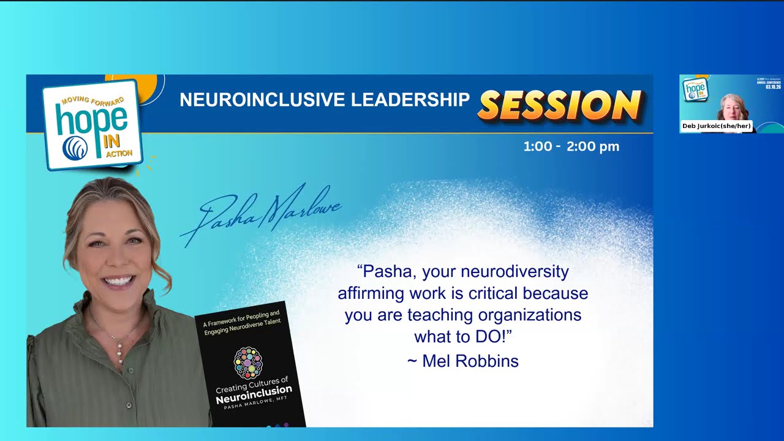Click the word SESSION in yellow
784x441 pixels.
coord(560,105)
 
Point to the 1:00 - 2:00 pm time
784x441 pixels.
coord(571,146)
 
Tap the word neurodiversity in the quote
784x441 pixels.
coord(514,271)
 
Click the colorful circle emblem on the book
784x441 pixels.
coord(248,363)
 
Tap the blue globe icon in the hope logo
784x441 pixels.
coord(75,148)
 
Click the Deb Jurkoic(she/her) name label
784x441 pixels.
coord(716,126)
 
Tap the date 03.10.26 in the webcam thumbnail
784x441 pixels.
coord(773,86)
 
